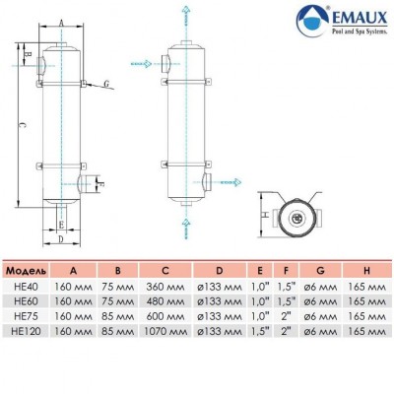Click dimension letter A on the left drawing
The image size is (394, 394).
60,22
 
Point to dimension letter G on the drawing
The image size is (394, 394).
105,86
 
